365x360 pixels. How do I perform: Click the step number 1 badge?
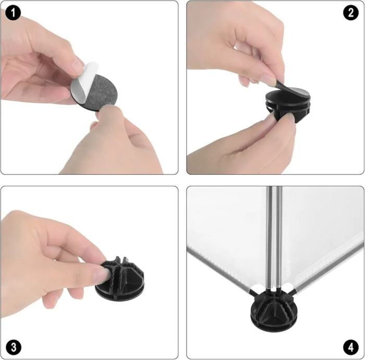(x=13, y=13)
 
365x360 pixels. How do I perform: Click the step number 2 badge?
(x=351, y=13)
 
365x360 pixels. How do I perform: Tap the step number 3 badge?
(x=13, y=347)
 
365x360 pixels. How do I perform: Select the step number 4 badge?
(x=351, y=347)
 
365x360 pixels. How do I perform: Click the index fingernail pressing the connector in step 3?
(x=102, y=275)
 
